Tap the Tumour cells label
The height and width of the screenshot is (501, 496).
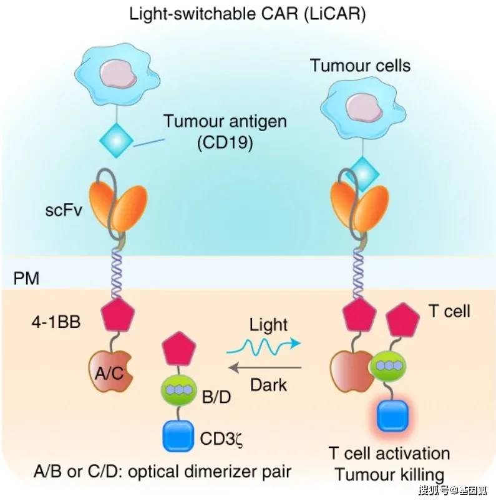[x=360, y=65]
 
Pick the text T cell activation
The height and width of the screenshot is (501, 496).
[x=389, y=452]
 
